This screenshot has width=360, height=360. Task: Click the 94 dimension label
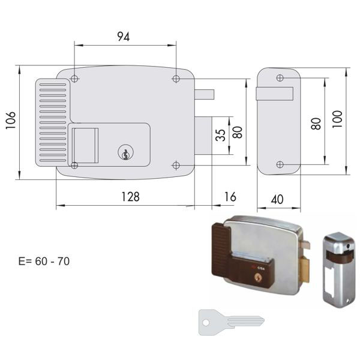click(x=124, y=37)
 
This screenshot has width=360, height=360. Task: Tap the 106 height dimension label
click(x=11, y=121)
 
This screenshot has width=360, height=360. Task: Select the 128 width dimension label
click(x=130, y=197)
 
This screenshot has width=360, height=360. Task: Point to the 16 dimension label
click(x=230, y=197)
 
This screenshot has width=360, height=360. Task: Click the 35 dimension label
click(x=220, y=135)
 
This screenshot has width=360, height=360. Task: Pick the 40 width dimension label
click(x=277, y=200)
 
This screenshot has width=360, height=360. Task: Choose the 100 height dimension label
click(x=337, y=119)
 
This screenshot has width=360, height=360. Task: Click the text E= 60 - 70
click(x=44, y=261)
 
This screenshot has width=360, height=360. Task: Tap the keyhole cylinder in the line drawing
click(x=125, y=152)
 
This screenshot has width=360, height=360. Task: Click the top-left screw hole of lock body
click(x=74, y=79)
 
